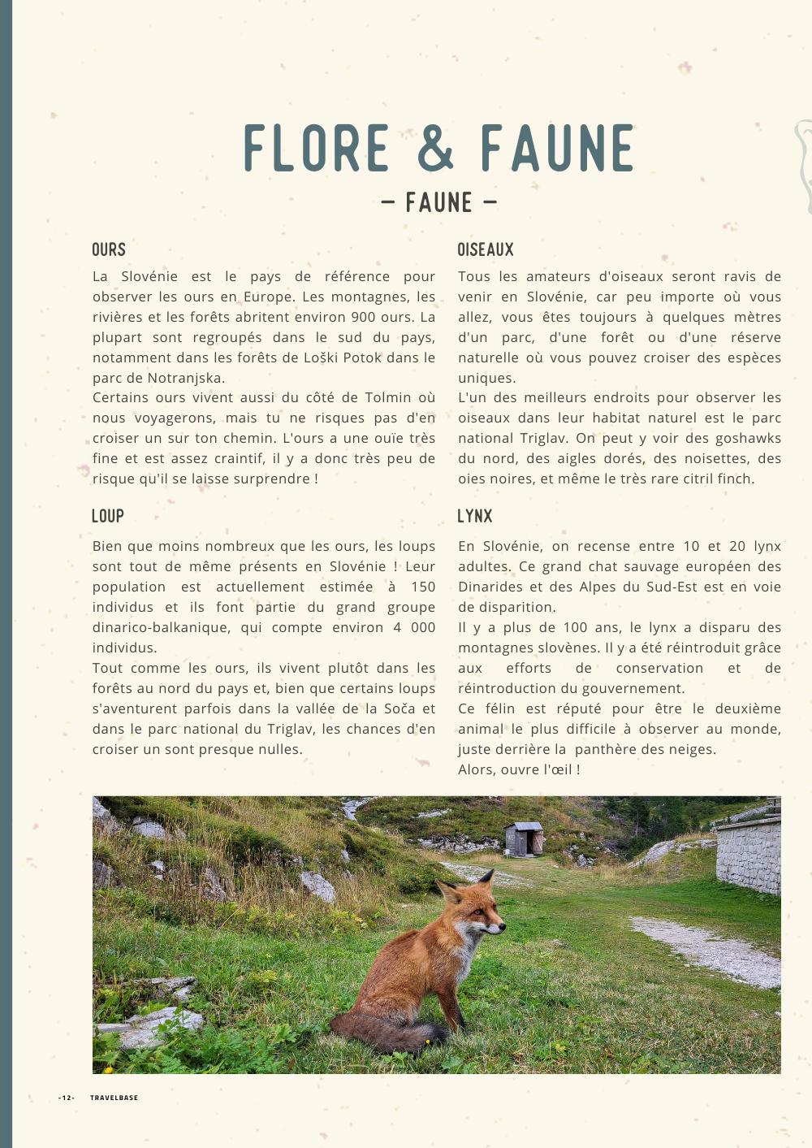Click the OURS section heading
click(x=109, y=249)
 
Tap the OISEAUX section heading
click(x=486, y=249)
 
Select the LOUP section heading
click(x=108, y=516)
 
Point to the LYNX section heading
click(x=475, y=516)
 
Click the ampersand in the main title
click(x=436, y=148)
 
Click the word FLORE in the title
click(x=317, y=148)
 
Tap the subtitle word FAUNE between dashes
click(x=438, y=202)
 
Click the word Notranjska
click(x=186, y=378)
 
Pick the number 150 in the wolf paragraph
click(x=423, y=587)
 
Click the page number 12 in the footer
click(x=67, y=1098)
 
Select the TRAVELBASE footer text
click(x=114, y=1098)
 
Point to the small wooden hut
click(x=524, y=838)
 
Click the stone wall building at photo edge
click(x=749, y=853)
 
